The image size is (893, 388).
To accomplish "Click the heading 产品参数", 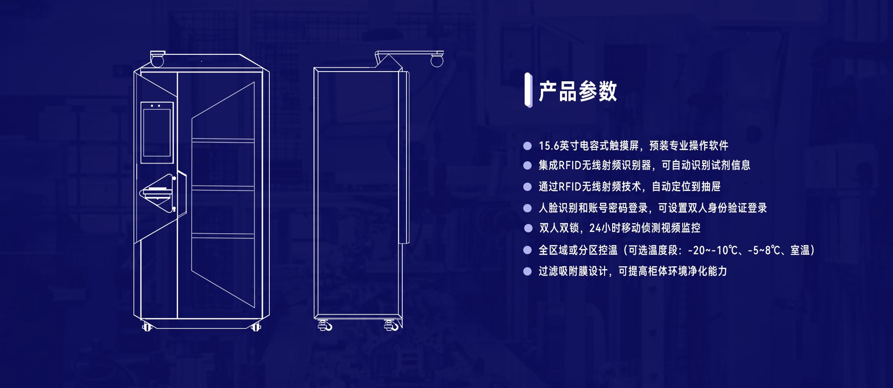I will (578, 91).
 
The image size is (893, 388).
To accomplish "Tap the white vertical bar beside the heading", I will (528, 90).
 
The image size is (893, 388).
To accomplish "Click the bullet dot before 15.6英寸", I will (527, 146).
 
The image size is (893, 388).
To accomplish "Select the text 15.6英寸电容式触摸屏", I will (588, 146).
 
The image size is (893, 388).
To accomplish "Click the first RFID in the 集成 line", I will (569, 165).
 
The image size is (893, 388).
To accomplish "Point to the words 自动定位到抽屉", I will (686, 187).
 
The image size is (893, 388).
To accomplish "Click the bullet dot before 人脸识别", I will (527, 208).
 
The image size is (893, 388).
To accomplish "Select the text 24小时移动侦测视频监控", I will (645, 228).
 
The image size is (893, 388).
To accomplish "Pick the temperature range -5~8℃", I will (763, 250).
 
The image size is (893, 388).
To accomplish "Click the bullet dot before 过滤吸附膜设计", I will (527, 271).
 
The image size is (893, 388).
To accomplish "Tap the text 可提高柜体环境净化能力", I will (673, 271).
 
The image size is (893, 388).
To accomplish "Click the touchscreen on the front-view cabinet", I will (157, 132).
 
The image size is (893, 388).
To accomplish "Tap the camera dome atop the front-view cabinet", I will (157, 60).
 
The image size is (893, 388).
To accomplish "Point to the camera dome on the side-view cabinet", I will (437, 60).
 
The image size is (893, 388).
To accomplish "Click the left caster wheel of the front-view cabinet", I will (147, 327).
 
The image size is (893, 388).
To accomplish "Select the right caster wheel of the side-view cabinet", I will (392, 325).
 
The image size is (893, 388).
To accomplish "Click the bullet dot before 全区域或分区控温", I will (527, 250).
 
